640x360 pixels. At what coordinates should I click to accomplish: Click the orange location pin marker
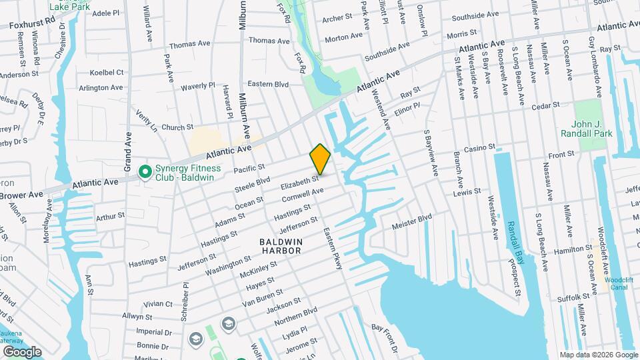coord(320,159)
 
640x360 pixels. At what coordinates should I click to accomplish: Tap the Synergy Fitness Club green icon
coord(144,172)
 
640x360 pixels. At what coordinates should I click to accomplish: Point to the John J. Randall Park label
coord(600,129)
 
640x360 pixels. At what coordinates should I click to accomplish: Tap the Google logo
coord(21,351)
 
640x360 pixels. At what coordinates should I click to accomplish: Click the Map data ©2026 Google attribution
coord(599,355)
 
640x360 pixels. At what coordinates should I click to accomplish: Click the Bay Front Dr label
coord(385,337)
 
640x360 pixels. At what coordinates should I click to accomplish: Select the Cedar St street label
coord(545,105)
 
